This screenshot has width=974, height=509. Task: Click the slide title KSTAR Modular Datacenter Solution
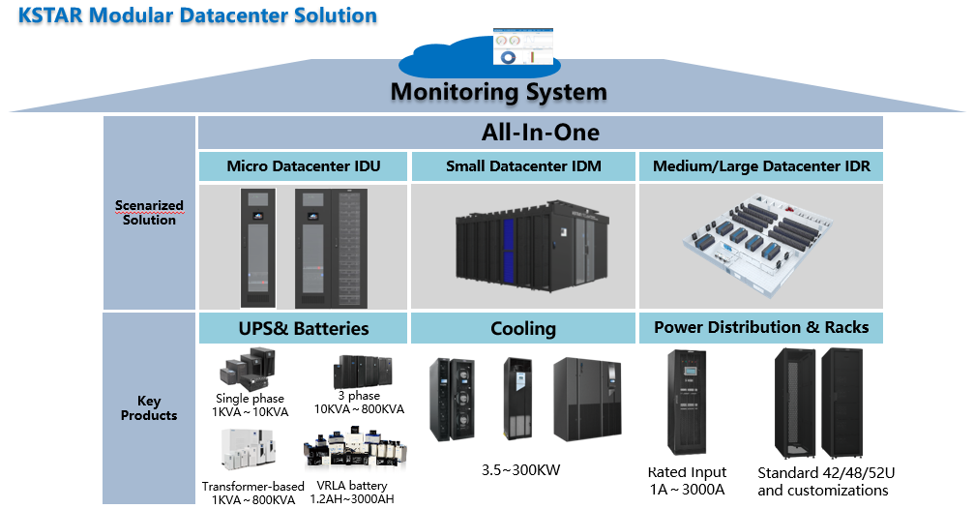pyautogui.click(x=197, y=15)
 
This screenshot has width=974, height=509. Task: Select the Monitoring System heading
pyautogui.click(x=498, y=92)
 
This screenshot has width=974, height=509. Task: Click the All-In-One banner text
pyautogui.click(x=540, y=132)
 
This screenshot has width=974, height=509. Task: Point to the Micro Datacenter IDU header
pyautogui.click(x=303, y=166)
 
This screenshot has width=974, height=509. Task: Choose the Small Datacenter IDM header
pyautogui.click(x=523, y=166)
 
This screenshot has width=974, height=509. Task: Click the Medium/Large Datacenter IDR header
pyautogui.click(x=761, y=166)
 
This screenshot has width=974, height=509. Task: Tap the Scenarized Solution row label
pyautogui.click(x=149, y=212)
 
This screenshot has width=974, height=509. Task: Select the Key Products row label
pyautogui.click(x=149, y=408)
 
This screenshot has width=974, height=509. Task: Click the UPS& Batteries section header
pyautogui.click(x=303, y=328)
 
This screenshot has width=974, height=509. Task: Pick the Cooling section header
pyautogui.click(x=523, y=328)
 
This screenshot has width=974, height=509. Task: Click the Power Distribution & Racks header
pyautogui.click(x=761, y=327)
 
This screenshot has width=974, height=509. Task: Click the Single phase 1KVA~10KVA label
pyautogui.click(x=251, y=404)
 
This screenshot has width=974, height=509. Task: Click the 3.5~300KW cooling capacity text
pyautogui.click(x=522, y=471)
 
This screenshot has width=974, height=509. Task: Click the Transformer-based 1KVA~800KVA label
pyautogui.click(x=252, y=492)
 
